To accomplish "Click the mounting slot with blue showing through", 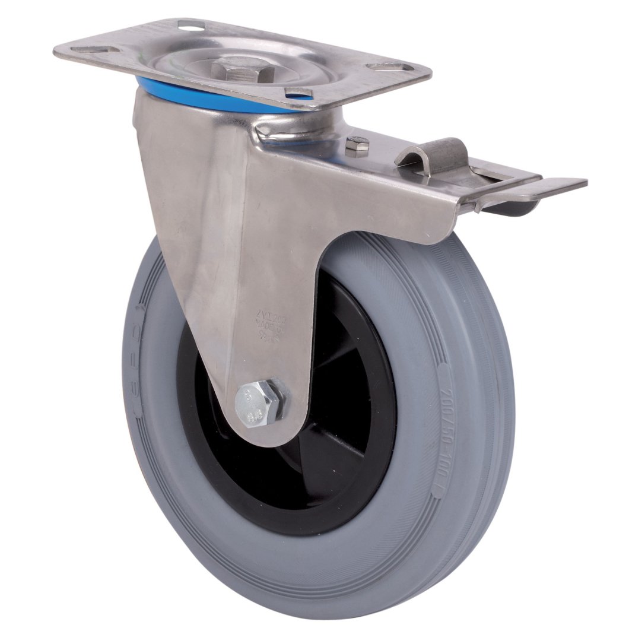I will [x=298, y=92].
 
